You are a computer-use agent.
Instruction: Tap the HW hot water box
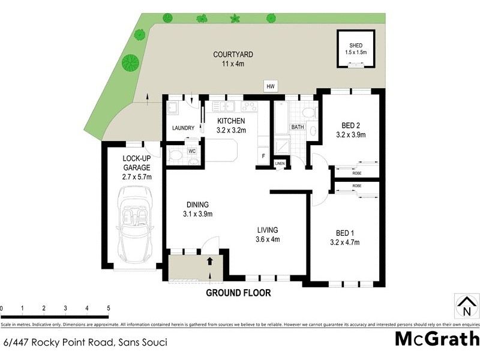coord(272,87)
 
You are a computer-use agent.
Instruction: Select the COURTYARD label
coord(229,55)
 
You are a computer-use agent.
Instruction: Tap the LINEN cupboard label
coord(280,163)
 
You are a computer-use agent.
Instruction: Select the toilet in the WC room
coord(176,157)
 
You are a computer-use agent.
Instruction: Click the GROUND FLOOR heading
coord(238,293)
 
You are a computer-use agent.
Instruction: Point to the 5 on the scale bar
coord(109,308)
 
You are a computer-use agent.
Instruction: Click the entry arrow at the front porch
coord(210,262)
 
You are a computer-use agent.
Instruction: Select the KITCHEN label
coord(231,122)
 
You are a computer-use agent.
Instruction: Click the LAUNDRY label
coord(183,128)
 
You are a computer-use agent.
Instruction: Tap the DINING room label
coord(197,204)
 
